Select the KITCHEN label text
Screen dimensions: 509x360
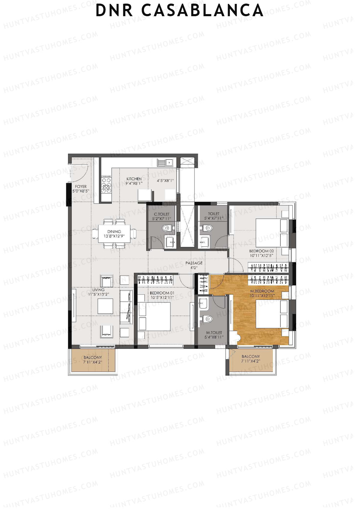134,179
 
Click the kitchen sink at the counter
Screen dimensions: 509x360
165,163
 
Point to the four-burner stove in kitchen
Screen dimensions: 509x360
106,184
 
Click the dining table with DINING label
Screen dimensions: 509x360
114,234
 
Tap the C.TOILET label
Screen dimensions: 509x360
161,214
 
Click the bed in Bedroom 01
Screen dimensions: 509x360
154,316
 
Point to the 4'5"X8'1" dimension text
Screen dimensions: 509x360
165,181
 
